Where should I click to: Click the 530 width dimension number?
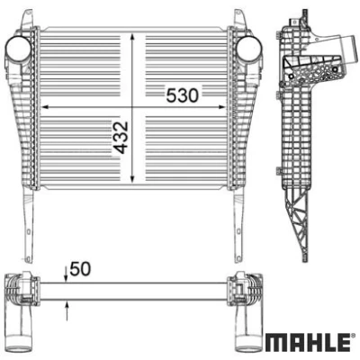[x=183, y=95]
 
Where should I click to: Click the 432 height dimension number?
[x=121, y=137]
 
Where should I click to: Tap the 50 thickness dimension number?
[x=80, y=268]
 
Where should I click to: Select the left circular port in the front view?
[x=19, y=49]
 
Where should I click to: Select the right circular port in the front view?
[x=249, y=49]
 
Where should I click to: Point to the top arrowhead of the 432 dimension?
[x=132, y=38]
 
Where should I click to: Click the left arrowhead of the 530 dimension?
[x=45, y=106]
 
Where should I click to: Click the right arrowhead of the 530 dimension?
[x=221, y=106]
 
